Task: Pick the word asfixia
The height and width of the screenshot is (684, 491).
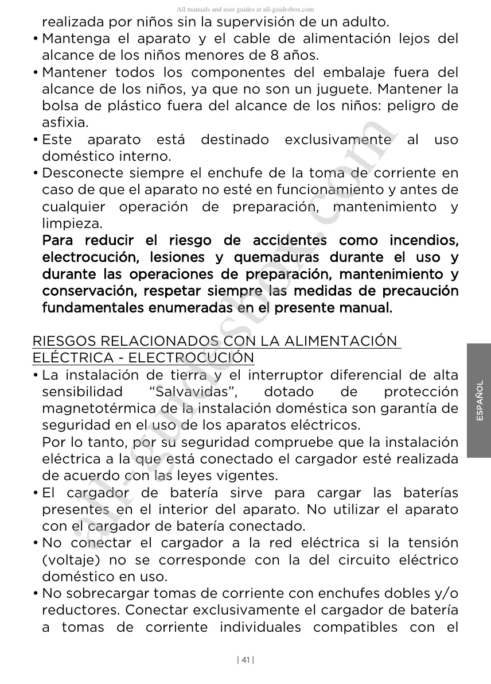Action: pyautogui.click(x=65, y=123)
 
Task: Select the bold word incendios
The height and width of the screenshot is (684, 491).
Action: pyautogui.click(x=423, y=240)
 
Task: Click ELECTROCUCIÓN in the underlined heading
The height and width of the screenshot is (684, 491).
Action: pyautogui.click(x=190, y=358)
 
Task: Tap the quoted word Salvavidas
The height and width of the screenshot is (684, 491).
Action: pyautogui.click(x=193, y=392)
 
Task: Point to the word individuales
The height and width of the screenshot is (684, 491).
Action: pyautogui.click(x=260, y=627)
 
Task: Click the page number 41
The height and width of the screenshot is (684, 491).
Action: pyautogui.click(x=246, y=660)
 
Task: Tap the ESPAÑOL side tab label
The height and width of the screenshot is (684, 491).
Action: pyautogui.click(x=480, y=400)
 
